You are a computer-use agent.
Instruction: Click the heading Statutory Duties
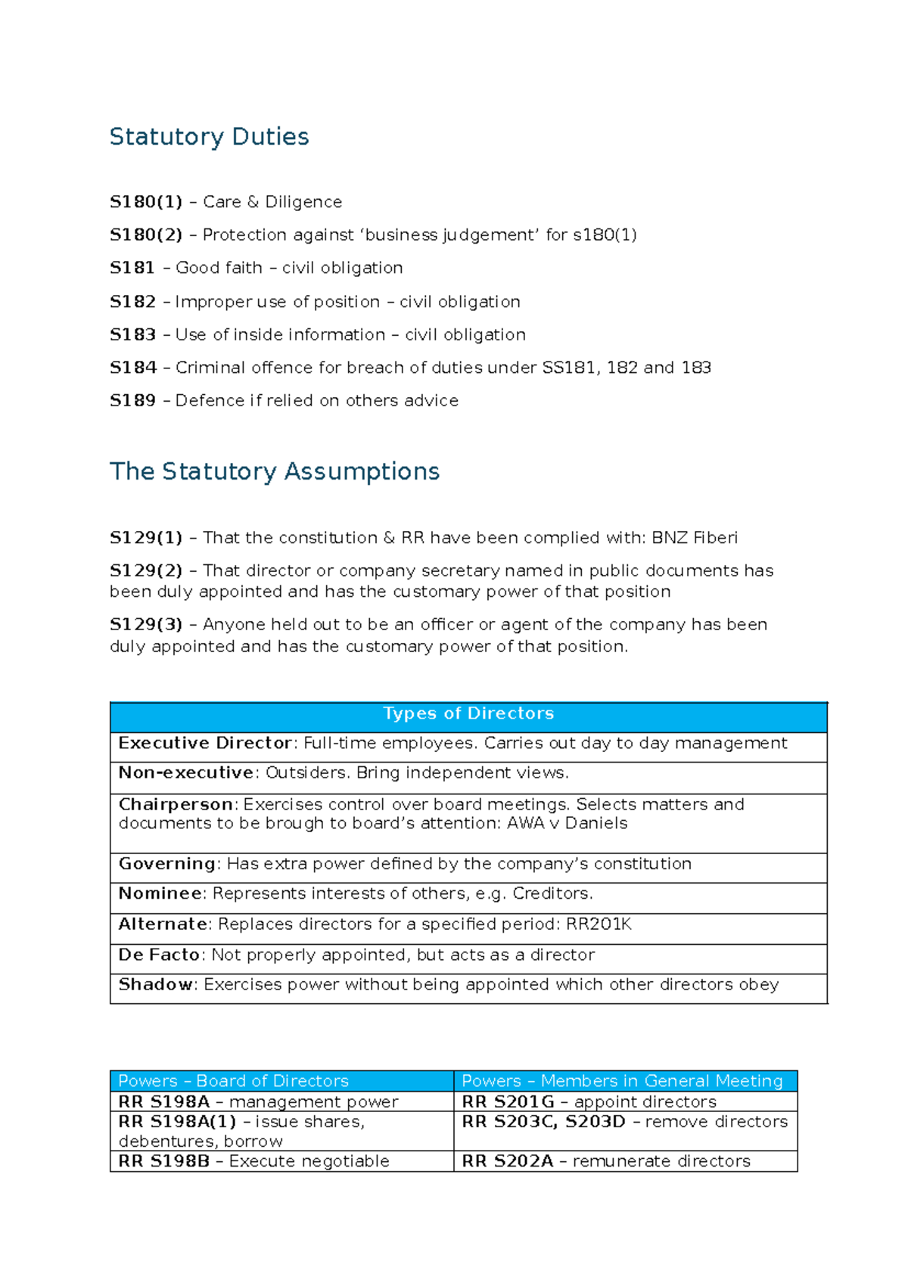[x=209, y=137]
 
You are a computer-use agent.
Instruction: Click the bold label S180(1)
[x=146, y=202]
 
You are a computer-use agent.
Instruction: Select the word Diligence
[x=303, y=202]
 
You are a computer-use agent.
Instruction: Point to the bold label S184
[x=133, y=368]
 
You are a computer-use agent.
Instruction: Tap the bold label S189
[x=132, y=401]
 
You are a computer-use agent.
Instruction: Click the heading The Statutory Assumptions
[x=275, y=471]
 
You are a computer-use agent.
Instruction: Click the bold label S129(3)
[x=146, y=625]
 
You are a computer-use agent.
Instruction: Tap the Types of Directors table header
[x=468, y=713]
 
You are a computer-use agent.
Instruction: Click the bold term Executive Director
[x=205, y=743]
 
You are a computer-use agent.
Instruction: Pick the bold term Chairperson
[x=176, y=804]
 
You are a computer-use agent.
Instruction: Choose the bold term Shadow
[x=156, y=984]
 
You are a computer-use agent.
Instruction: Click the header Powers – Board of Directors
[x=233, y=1081]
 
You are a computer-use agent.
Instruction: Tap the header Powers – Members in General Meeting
[x=622, y=1081]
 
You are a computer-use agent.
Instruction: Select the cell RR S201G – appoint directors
[x=589, y=1102]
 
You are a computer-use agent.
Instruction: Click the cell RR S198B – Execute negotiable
[x=254, y=1161]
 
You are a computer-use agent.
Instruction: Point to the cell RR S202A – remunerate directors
[x=606, y=1161]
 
